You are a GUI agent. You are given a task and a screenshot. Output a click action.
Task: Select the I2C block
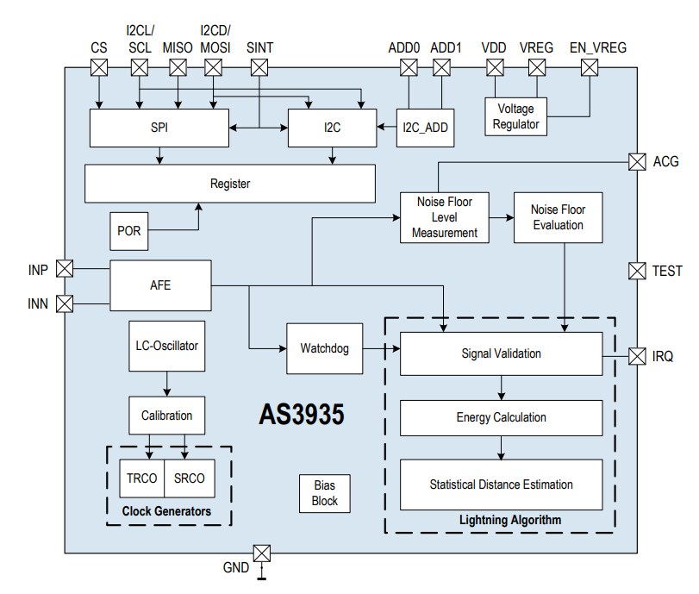(x=332, y=128)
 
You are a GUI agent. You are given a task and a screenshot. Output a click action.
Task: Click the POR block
(x=129, y=230)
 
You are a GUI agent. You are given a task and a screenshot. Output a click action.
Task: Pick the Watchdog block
(x=324, y=349)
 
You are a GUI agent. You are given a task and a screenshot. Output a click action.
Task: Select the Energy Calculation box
(x=501, y=417)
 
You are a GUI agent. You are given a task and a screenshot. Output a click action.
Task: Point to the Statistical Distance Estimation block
(x=501, y=485)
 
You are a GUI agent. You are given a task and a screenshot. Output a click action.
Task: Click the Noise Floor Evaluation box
(x=557, y=217)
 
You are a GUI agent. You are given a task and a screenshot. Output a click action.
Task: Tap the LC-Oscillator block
(x=167, y=345)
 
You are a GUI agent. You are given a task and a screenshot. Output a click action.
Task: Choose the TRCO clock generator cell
(x=140, y=478)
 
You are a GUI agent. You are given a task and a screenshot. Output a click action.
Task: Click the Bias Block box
(x=325, y=494)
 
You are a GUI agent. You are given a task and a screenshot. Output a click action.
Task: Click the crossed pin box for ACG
(x=637, y=161)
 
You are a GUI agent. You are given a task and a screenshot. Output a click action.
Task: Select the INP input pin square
(x=65, y=269)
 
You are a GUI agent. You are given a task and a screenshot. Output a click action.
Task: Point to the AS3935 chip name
(x=302, y=415)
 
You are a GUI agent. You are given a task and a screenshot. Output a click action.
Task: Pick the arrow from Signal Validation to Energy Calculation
(x=501, y=389)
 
